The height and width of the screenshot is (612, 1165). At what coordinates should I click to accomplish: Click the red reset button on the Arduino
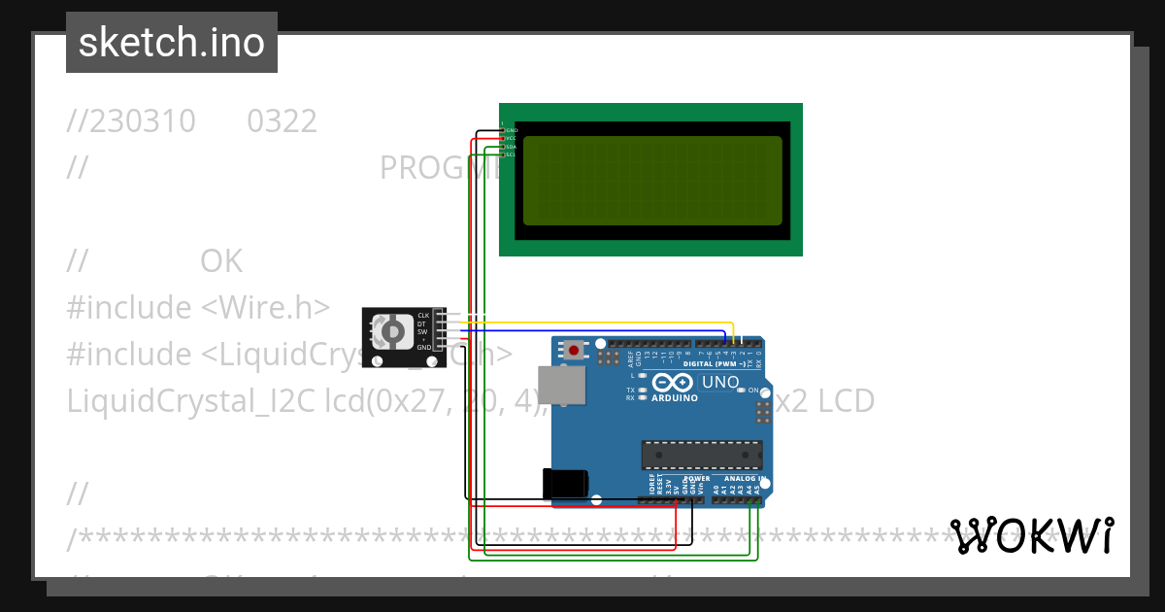pos(575,350)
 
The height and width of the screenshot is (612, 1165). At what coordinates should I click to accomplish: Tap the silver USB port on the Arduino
pos(562,385)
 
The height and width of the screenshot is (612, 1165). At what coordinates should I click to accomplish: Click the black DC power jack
pos(566,483)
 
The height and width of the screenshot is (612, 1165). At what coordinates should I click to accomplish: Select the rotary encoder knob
pos(393,333)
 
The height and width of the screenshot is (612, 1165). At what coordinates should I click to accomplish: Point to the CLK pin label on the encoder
pos(423,316)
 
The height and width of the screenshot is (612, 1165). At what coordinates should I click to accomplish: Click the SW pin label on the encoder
pos(423,331)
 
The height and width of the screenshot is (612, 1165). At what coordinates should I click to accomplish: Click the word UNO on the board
pos(720,382)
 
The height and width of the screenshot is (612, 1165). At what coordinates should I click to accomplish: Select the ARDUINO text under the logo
pos(675,397)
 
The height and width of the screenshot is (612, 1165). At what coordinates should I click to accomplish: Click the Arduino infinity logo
pos(674,382)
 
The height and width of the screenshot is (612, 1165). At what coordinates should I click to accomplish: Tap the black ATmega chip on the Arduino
pos(701,455)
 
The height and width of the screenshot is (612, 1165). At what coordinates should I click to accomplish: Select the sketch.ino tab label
pos(172,43)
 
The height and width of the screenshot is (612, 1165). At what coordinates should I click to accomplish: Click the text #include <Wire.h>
pos(198,307)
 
